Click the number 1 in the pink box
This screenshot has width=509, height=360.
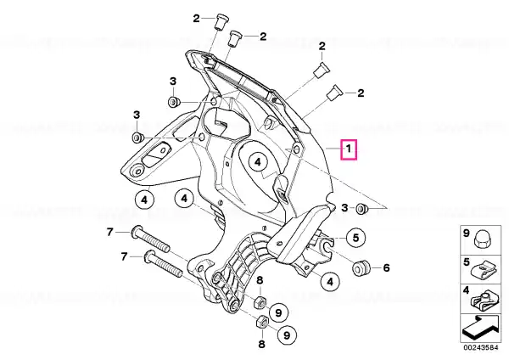349,149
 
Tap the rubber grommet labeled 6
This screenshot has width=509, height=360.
361,268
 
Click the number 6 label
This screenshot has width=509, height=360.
386,267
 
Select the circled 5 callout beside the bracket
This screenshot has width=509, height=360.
356,238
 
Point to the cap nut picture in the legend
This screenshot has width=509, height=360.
483,240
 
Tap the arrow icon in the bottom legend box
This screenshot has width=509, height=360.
480,328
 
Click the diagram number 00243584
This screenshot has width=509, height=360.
481,347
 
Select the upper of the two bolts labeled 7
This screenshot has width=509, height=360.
150,239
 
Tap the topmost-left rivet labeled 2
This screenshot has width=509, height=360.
220,22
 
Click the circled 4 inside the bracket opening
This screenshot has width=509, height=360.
258,162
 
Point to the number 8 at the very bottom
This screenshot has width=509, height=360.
261,344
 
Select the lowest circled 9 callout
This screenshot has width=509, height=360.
287,335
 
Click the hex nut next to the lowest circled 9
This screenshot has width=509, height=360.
261,323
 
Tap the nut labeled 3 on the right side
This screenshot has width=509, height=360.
361,209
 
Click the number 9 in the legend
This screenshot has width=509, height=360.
466,233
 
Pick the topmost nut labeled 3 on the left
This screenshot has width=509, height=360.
174,102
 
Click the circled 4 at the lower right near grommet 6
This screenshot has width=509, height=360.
330,281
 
